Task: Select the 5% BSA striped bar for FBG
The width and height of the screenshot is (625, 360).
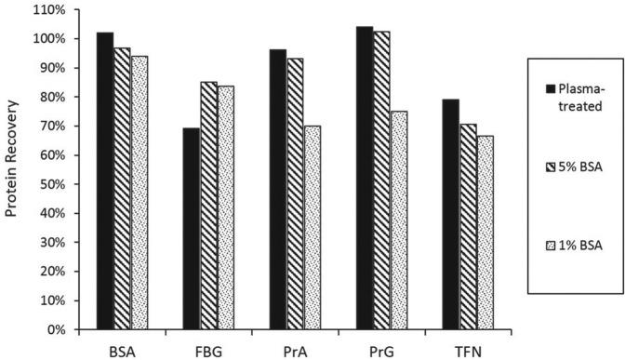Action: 209,206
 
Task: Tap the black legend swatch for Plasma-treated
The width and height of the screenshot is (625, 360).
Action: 550,88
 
